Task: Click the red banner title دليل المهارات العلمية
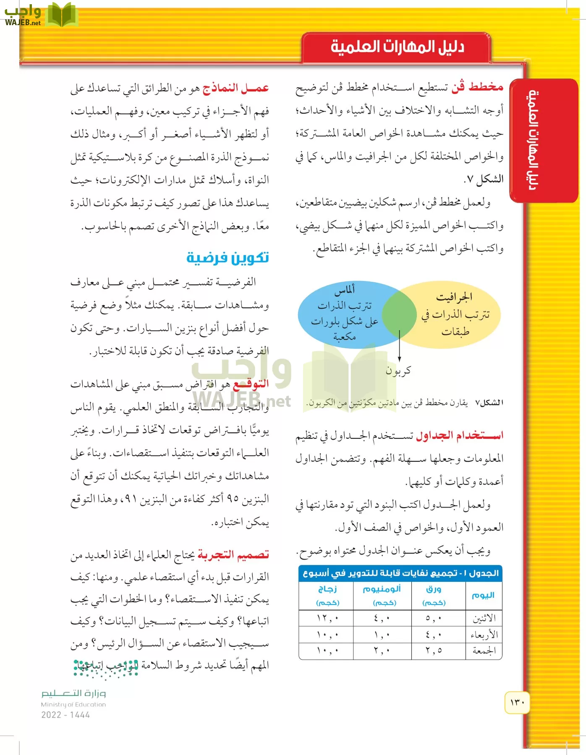[x=397, y=47]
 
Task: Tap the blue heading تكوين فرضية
[x=228, y=257]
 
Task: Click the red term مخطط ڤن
[x=477, y=87]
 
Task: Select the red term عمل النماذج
[x=235, y=88]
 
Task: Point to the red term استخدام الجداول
[x=459, y=436]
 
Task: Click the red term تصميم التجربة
[x=233, y=555]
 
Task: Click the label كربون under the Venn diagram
[x=398, y=371]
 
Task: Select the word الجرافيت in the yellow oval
[x=454, y=297]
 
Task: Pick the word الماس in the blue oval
[x=345, y=289]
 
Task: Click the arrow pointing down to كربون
[x=399, y=346]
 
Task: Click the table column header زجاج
[x=327, y=589]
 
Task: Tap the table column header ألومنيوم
[x=382, y=589]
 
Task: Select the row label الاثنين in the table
[x=484, y=618]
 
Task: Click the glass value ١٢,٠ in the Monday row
[x=327, y=618]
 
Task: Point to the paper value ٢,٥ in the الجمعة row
[x=433, y=651]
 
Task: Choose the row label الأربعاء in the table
[x=484, y=635]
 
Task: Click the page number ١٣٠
[x=517, y=702]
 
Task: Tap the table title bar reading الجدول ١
[x=400, y=573]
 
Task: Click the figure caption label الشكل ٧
[x=489, y=403]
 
